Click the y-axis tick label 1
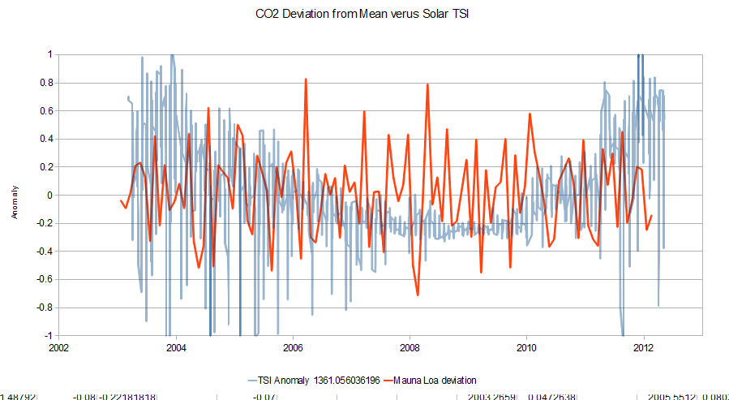[x=49, y=54]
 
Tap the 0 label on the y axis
[x=49, y=195]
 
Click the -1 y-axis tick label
[x=47, y=335]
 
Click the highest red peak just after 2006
[x=305, y=80]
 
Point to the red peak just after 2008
[x=427, y=84]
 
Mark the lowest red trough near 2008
[x=418, y=295]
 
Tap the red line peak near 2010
[x=530, y=114]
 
